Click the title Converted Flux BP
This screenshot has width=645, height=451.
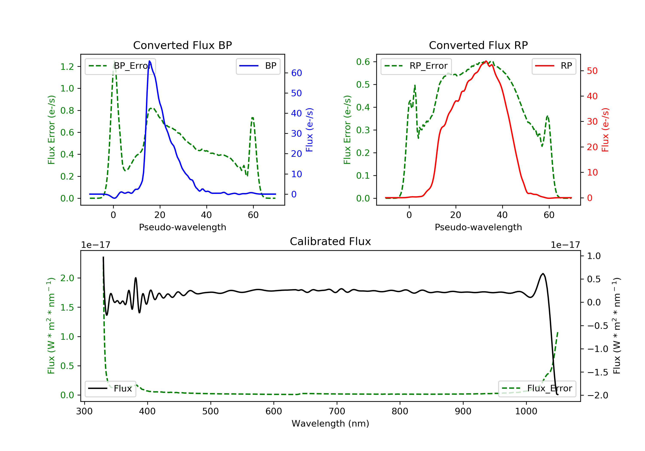click(x=182, y=45)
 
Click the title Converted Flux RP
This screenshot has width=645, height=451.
click(x=478, y=45)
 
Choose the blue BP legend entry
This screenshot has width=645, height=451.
click(x=258, y=66)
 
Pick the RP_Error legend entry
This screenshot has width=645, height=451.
click(x=416, y=66)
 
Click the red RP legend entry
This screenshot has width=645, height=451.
click(x=554, y=66)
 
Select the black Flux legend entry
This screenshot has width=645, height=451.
click(x=111, y=389)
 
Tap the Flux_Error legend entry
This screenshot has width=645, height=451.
click(x=537, y=389)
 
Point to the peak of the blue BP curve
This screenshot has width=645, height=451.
click(x=149, y=61)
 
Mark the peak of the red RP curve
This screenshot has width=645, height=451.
click(x=486, y=61)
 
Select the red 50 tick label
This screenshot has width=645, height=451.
click(x=592, y=71)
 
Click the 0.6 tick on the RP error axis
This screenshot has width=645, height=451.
click(x=363, y=62)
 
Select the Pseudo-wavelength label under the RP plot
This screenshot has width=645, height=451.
click(x=478, y=227)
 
